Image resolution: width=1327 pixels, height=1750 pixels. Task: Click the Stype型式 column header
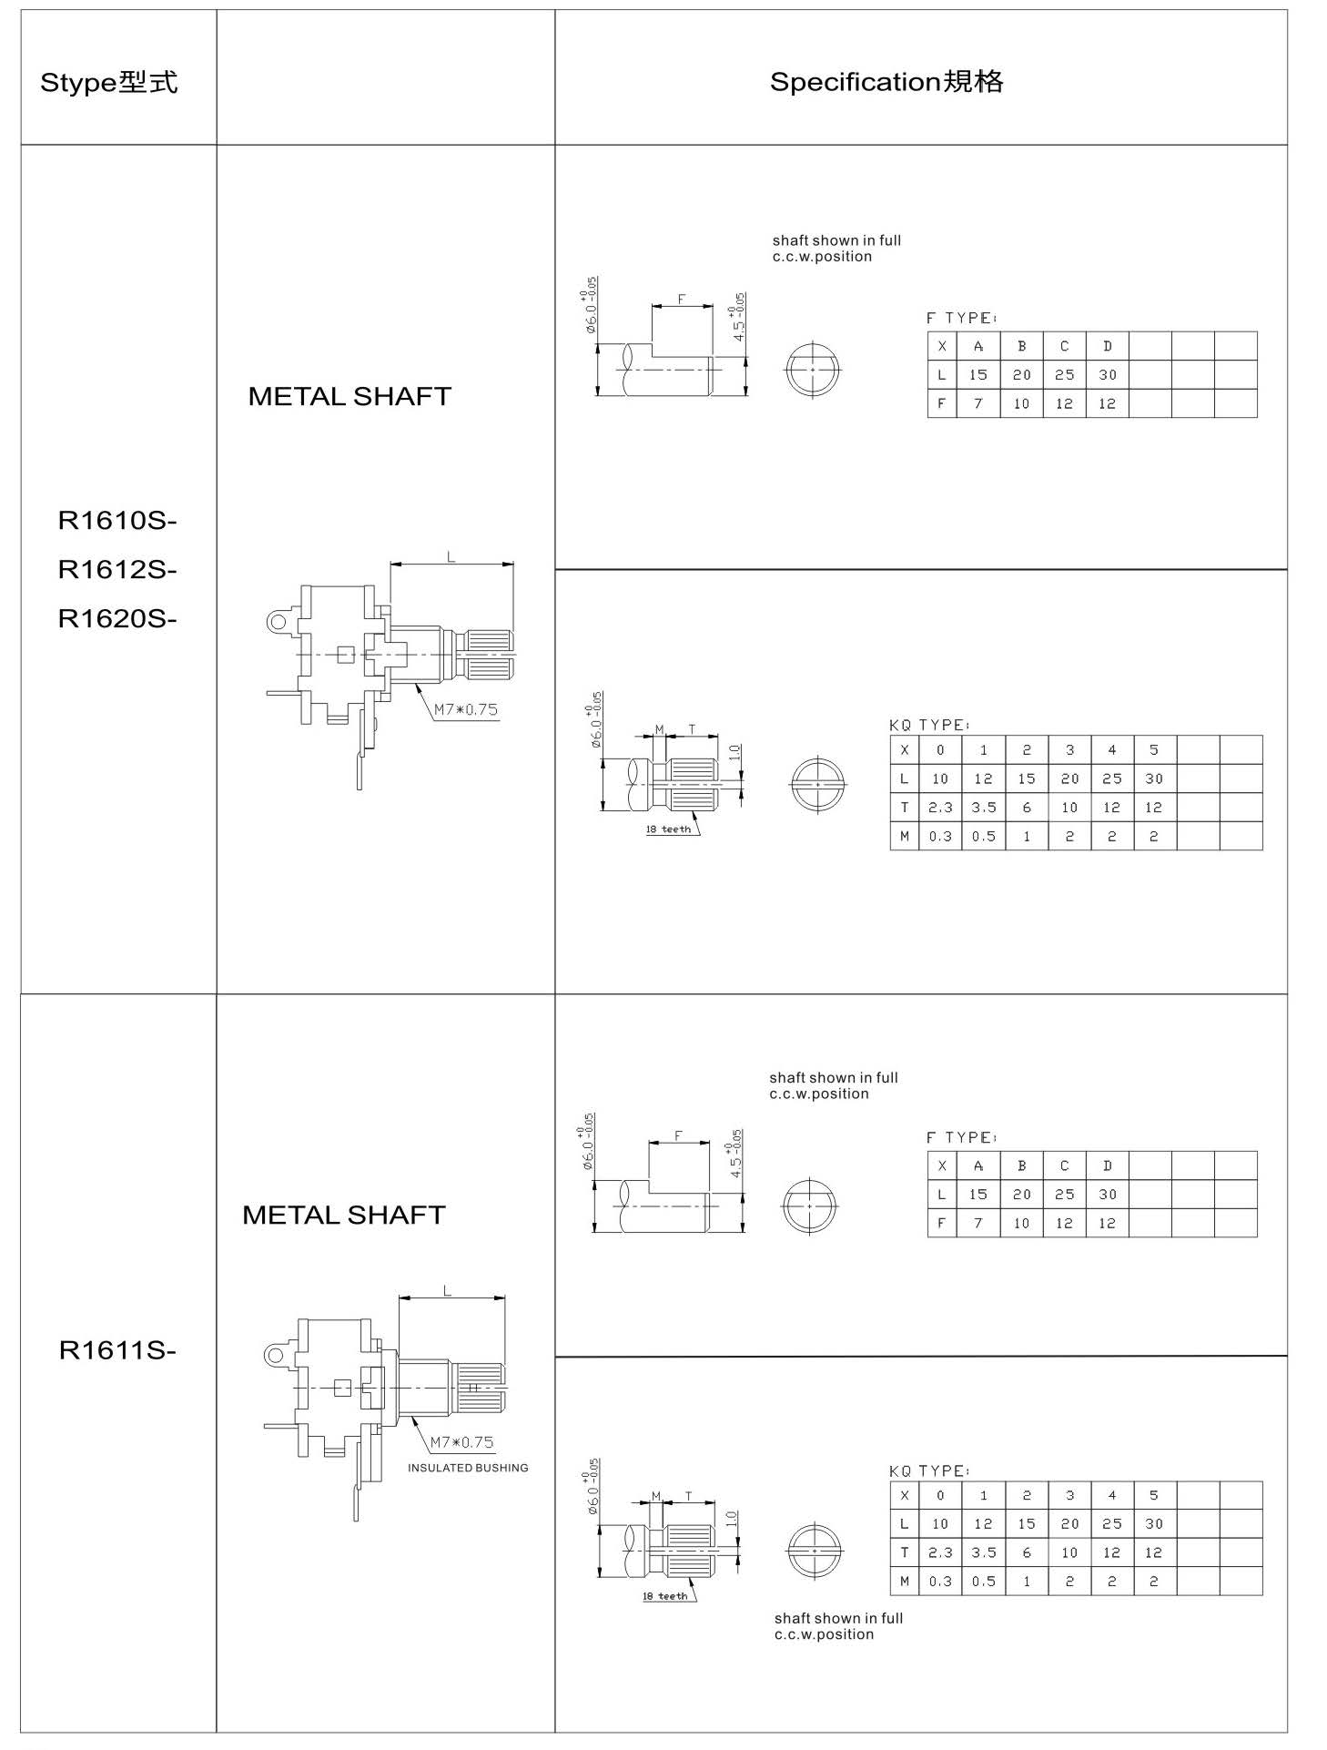[x=108, y=83]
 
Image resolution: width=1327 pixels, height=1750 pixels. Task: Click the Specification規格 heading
[x=886, y=82]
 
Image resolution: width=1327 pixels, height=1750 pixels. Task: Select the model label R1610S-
[x=117, y=521]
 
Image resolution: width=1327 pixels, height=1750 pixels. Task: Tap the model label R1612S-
[x=117, y=570]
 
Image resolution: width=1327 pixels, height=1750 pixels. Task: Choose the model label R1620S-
[x=117, y=619]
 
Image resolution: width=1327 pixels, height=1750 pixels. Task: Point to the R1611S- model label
[x=117, y=1350]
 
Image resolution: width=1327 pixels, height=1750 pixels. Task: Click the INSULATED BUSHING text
[x=468, y=1468]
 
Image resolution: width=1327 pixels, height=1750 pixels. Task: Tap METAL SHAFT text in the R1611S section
[x=344, y=1215]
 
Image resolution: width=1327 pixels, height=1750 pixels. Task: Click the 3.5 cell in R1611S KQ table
[x=984, y=1552]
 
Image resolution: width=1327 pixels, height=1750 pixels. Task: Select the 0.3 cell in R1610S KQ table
[x=940, y=836]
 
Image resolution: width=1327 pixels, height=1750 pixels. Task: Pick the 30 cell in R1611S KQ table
[x=1154, y=1523]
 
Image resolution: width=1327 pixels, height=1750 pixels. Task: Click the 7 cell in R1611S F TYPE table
[x=978, y=1223]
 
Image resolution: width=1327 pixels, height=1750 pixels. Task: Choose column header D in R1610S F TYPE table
[x=1107, y=346]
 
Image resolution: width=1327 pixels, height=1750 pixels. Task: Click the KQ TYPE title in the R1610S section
[x=929, y=725]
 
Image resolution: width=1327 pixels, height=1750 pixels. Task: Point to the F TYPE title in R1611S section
[x=962, y=1137]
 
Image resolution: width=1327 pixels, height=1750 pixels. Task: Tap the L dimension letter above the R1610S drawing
[x=451, y=557]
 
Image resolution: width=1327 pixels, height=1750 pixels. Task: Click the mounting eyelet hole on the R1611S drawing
[x=274, y=1355]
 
